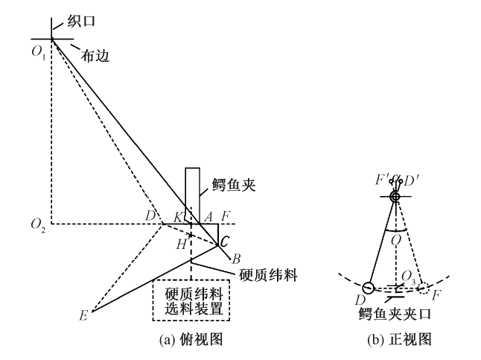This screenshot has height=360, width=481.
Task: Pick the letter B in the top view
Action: pos(236,259)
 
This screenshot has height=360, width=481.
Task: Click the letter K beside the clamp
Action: pos(179,217)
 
